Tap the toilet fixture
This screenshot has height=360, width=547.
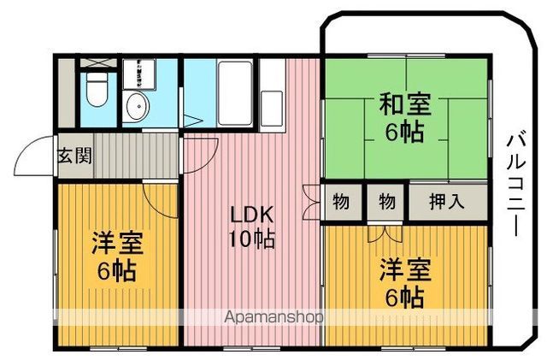95,91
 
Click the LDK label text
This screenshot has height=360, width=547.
250,214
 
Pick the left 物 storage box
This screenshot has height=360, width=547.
341,203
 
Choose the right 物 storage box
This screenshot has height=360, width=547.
386,203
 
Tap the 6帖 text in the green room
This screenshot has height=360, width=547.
403,133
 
